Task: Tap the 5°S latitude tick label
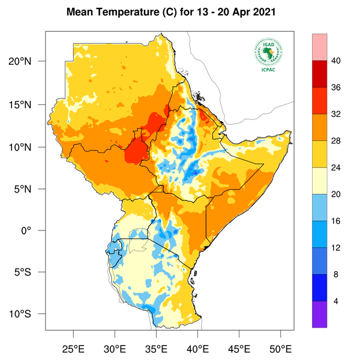click(31, 272)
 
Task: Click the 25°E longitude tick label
click(74, 348)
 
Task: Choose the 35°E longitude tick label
click(157, 348)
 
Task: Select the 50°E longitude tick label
click(281, 348)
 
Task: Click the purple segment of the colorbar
click(319, 314)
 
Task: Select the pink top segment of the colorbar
click(319, 47)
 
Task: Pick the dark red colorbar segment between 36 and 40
click(319, 74)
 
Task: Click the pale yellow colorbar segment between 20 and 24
click(319, 181)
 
